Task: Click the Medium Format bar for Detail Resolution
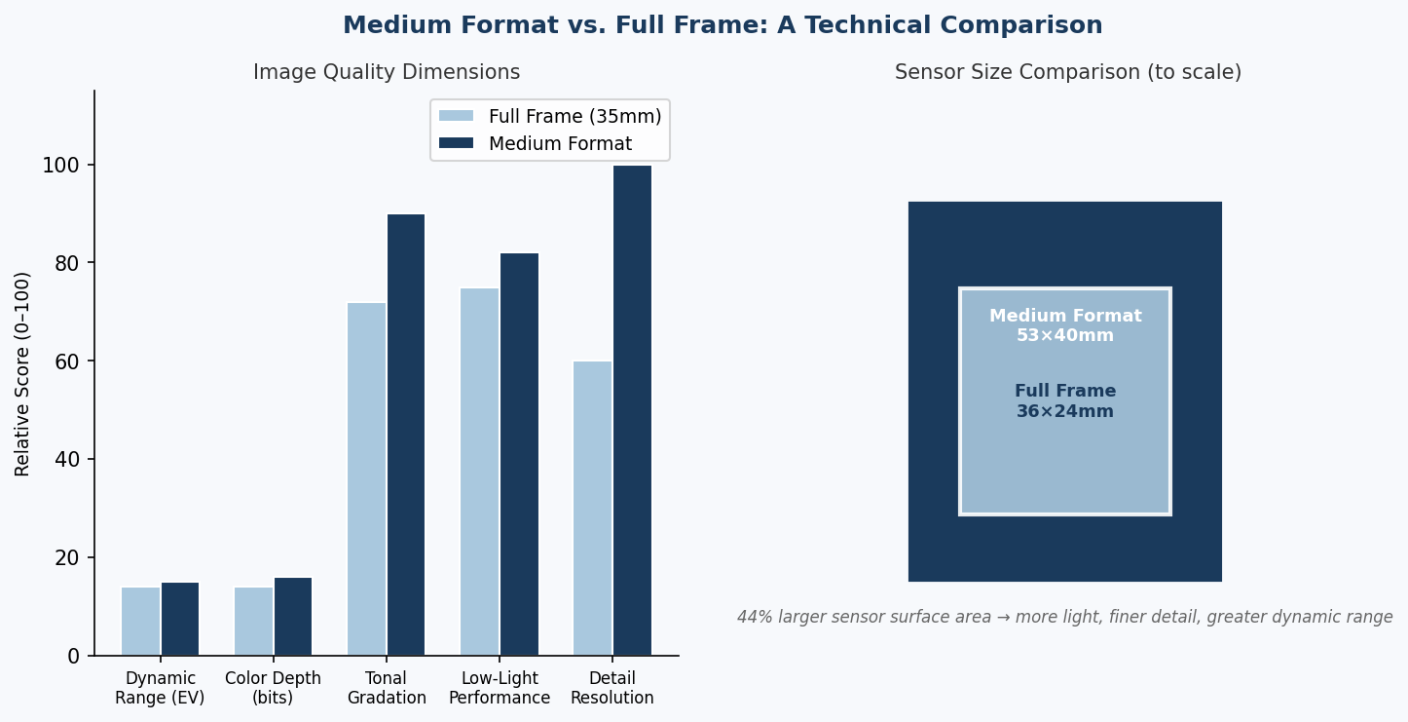point(632,410)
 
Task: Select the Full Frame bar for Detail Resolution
point(592,508)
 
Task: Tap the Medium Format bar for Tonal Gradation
point(406,435)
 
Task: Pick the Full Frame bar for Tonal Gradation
point(366,478)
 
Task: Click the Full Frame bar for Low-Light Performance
point(479,472)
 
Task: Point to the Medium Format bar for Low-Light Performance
point(519,454)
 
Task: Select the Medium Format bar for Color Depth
point(293,616)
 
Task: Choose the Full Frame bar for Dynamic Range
point(140,621)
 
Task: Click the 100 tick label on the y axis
point(60,166)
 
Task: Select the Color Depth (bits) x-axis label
point(273,688)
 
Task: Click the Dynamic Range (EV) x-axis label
point(160,688)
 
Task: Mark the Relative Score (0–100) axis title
point(23,373)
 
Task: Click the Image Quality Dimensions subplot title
point(387,72)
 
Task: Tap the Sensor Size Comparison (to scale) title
point(1067,72)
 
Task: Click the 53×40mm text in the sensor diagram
point(1065,335)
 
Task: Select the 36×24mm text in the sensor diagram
point(1065,411)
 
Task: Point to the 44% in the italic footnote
point(753,617)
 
